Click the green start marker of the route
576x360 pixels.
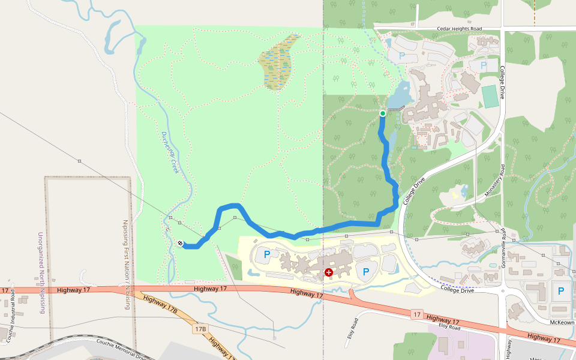click(383, 113)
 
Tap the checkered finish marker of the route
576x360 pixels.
click(181, 243)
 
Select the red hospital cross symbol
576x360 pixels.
click(329, 272)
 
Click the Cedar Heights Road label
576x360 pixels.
click(460, 28)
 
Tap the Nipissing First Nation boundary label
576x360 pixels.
click(126, 264)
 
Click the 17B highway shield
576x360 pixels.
click(200, 329)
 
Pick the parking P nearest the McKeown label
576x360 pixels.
click(561, 291)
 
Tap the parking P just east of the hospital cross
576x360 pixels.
click(366, 272)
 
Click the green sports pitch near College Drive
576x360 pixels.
click(490, 97)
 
